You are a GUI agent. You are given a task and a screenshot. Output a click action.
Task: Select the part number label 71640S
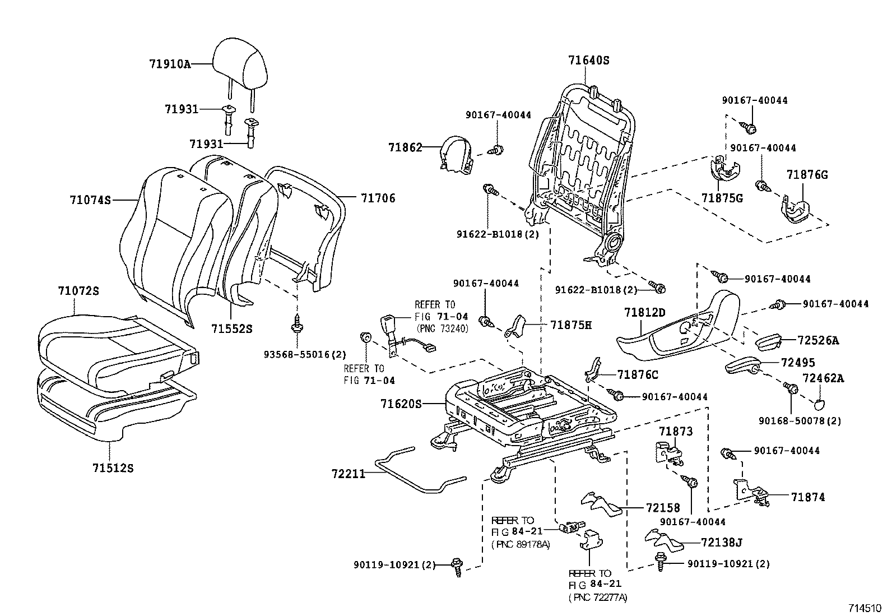(x=588, y=61)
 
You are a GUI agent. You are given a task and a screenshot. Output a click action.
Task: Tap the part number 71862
(x=405, y=147)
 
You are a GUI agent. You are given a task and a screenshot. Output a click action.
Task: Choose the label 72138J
(x=722, y=542)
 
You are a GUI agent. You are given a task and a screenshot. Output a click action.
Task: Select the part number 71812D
(x=645, y=312)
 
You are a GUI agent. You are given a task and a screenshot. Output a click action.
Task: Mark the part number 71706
(x=378, y=198)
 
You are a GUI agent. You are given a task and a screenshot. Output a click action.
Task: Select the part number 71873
(x=676, y=431)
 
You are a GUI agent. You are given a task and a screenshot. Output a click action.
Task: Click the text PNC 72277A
(x=598, y=598)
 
